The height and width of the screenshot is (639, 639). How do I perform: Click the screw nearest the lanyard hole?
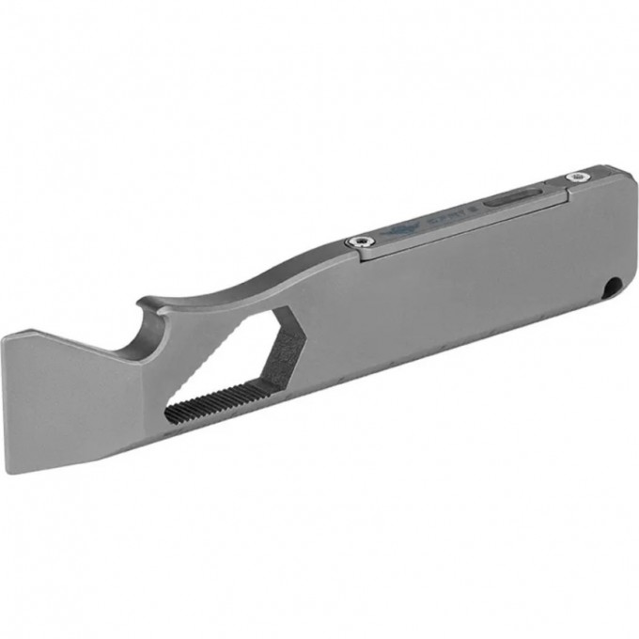[574, 176]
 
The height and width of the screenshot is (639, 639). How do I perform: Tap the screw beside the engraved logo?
[355, 242]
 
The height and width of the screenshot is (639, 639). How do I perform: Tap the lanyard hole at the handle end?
[615, 285]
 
